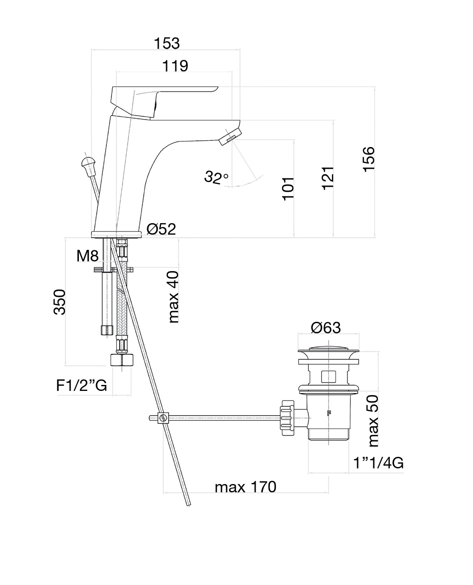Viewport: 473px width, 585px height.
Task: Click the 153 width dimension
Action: point(167,43)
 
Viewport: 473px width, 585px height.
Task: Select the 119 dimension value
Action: point(175,66)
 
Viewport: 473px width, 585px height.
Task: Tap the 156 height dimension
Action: point(369,159)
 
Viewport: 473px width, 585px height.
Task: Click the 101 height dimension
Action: point(288,188)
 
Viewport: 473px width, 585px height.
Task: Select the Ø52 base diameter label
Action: point(162,229)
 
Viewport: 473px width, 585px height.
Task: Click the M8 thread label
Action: point(88,256)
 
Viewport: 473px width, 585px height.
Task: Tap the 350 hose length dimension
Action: point(60,302)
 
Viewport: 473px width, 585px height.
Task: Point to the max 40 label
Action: point(174,296)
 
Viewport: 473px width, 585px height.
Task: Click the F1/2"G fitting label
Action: point(82,385)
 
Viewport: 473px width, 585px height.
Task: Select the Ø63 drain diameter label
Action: point(326,327)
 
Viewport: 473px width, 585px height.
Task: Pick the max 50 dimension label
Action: point(374,420)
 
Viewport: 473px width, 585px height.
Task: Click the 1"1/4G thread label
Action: point(378,463)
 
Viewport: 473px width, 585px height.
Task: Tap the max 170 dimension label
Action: point(245,487)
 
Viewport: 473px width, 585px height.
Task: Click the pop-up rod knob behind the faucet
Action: point(88,163)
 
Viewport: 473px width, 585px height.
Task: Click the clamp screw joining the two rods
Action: point(162,418)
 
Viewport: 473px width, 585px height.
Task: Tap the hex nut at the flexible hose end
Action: point(122,360)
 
